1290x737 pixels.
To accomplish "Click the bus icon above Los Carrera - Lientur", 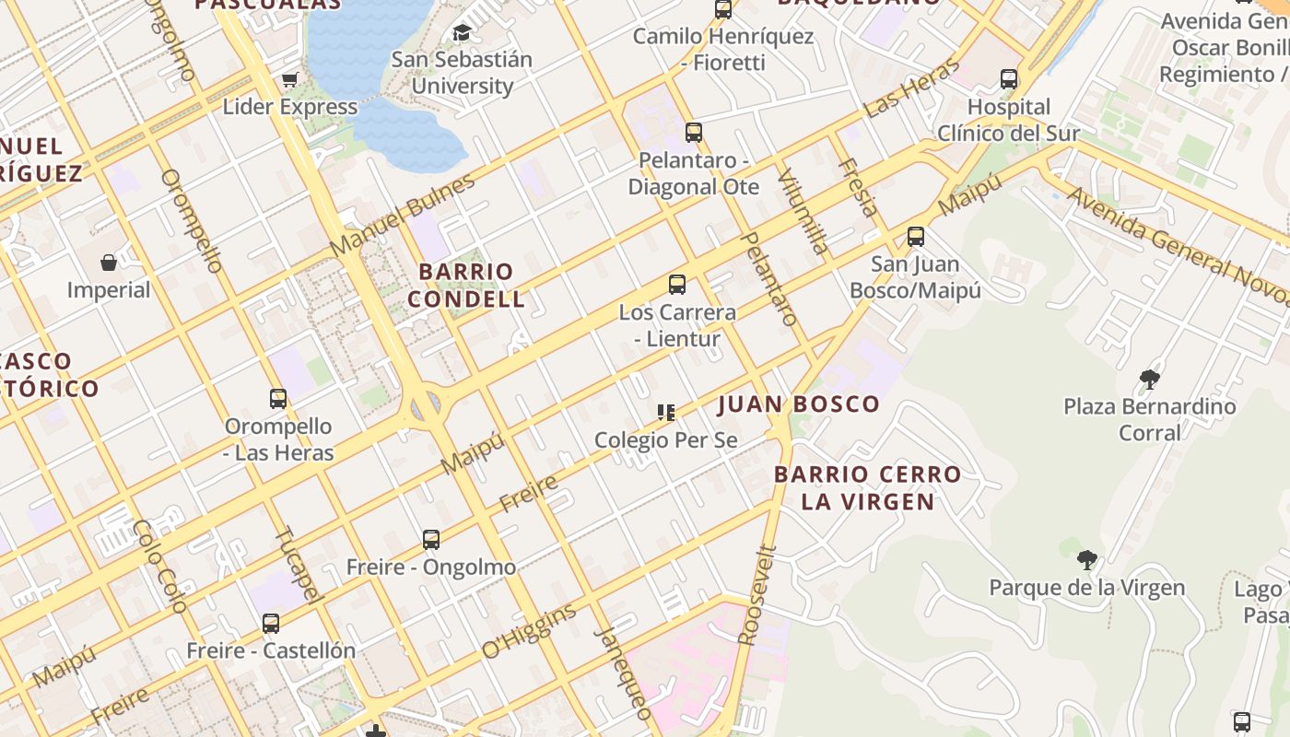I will click(677, 285).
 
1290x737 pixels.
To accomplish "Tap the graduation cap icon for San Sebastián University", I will click(462, 34).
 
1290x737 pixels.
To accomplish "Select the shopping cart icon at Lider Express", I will click(290, 80).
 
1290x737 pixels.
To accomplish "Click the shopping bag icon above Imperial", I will click(109, 263).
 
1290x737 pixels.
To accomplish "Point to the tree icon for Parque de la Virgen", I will click(1087, 559).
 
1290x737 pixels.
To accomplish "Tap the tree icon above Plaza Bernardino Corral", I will click(1149, 379).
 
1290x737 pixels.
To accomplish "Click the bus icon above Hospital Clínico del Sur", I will click(1009, 79).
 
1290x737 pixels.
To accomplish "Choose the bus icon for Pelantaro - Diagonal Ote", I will click(694, 133).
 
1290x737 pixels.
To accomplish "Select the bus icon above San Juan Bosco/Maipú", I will click(915, 237).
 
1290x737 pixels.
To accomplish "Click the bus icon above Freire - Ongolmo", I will click(431, 540).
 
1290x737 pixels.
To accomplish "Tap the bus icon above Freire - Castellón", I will click(271, 624).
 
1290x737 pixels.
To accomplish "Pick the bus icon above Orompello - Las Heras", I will click(278, 399).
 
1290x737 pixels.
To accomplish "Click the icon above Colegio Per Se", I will click(666, 412).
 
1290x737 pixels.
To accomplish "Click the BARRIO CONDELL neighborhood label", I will click(466, 286).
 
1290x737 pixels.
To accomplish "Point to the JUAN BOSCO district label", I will click(798, 404).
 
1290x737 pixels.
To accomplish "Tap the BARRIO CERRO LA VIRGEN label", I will click(867, 488).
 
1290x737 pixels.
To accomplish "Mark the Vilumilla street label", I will click(803, 211).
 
